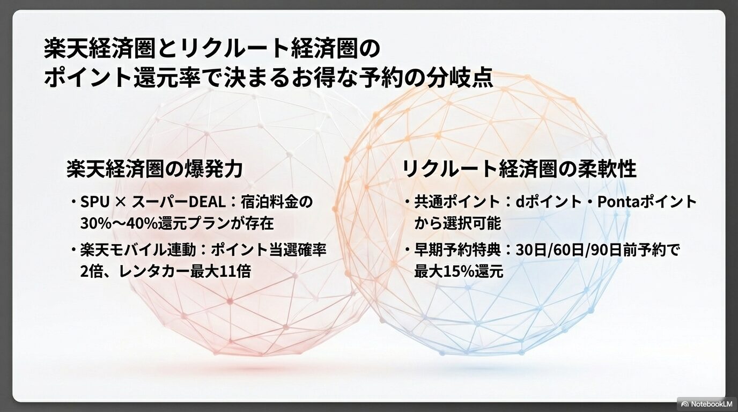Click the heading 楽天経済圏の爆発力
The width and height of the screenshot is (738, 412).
154,169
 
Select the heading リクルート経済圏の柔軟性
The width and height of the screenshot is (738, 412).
519,169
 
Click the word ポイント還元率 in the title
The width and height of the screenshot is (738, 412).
107,78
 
